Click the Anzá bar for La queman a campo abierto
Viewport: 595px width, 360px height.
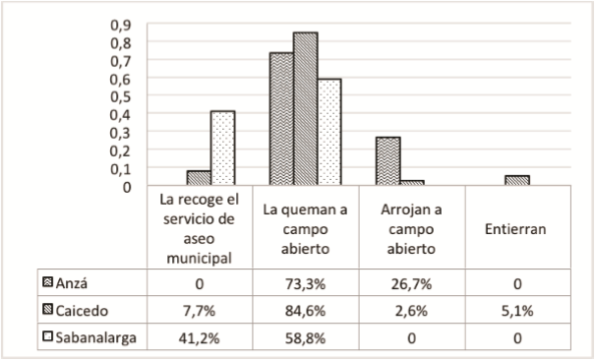click(x=281, y=119)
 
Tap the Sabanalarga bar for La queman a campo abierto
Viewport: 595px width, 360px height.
click(x=329, y=132)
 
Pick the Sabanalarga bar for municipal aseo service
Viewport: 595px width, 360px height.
click(x=223, y=148)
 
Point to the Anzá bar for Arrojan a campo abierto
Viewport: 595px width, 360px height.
click(x=387, y=160)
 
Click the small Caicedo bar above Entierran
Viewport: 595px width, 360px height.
click(x=517, y=180)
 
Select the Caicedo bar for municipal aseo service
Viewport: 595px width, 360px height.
click(x=200, y=178)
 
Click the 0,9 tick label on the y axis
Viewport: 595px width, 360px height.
click(x=120, y=25)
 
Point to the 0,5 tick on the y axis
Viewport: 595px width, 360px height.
click(x=120, y=96)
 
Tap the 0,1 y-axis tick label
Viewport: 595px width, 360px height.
click(x=120, y=168)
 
